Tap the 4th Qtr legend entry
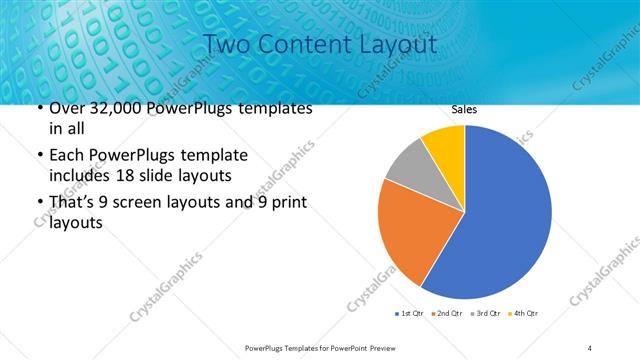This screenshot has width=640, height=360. coord(525,314)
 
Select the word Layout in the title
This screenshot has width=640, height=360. coord(398,45)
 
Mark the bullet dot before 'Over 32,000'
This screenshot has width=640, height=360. coord(39,109)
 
